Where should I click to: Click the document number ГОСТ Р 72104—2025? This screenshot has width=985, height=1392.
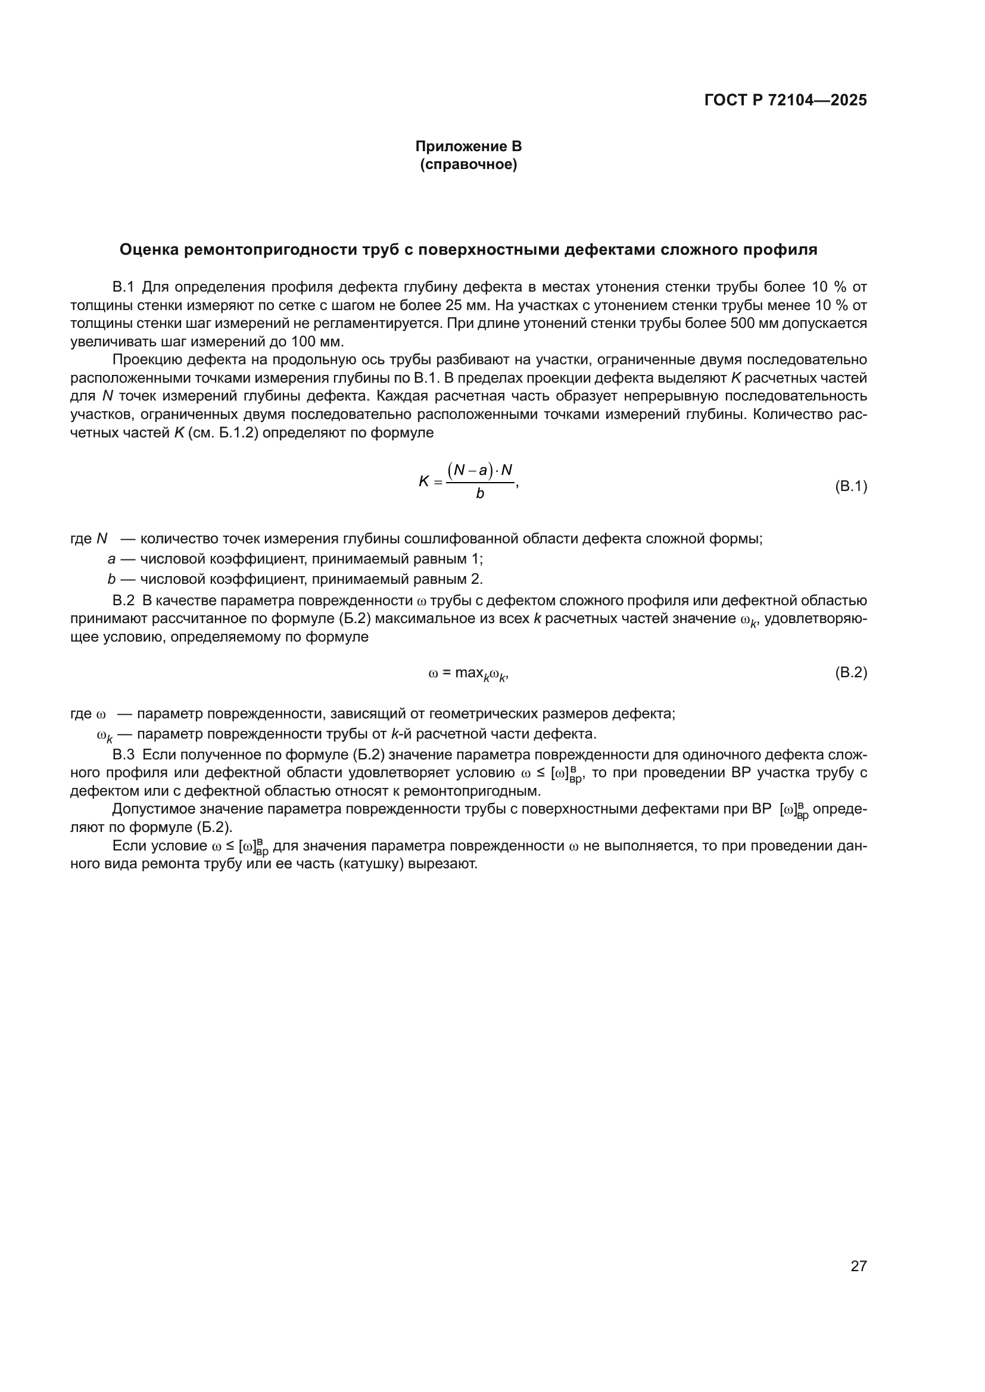pos(785,100)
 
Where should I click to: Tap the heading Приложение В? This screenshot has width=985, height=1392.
pos(468,146)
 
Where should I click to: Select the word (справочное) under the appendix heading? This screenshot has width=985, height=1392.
pos(468,164)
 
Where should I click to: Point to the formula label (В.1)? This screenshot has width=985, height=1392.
pos(851,486)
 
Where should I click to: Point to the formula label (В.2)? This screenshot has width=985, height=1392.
pos(851,672)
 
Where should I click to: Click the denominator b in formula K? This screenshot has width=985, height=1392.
pos(480,493)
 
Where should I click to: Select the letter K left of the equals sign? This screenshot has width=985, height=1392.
pos(424,481)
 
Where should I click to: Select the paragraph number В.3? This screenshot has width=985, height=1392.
pos(123,755)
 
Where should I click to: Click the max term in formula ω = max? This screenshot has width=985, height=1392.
pos(469,673)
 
